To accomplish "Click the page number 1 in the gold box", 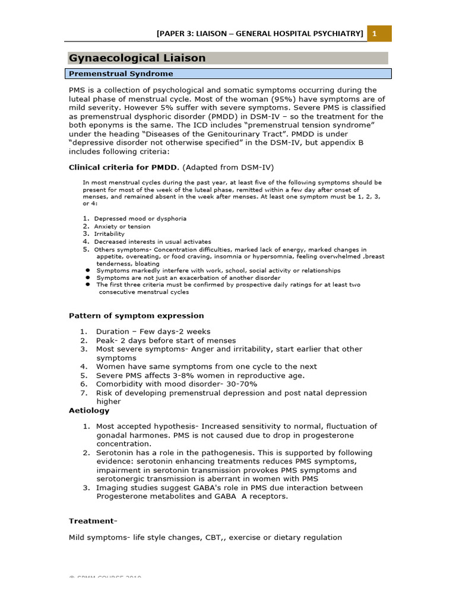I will [375, 34].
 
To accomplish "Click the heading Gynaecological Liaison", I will [137, 58].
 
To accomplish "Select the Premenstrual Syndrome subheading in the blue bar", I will [121, 74].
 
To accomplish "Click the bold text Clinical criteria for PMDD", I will [122, 167].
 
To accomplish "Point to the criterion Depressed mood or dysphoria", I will [140, 219].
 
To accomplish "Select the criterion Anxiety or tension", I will [122, 226].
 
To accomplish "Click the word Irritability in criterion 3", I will [110, 234].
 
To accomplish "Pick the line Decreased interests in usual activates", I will [153, 242].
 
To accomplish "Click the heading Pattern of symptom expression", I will [137, 316].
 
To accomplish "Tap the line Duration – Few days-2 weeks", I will [153, 332].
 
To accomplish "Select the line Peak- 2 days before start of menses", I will [166, 341].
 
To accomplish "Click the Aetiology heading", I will [89, 411].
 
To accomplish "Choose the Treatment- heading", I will [93, 521].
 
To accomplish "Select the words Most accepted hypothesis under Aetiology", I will [147, 427].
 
